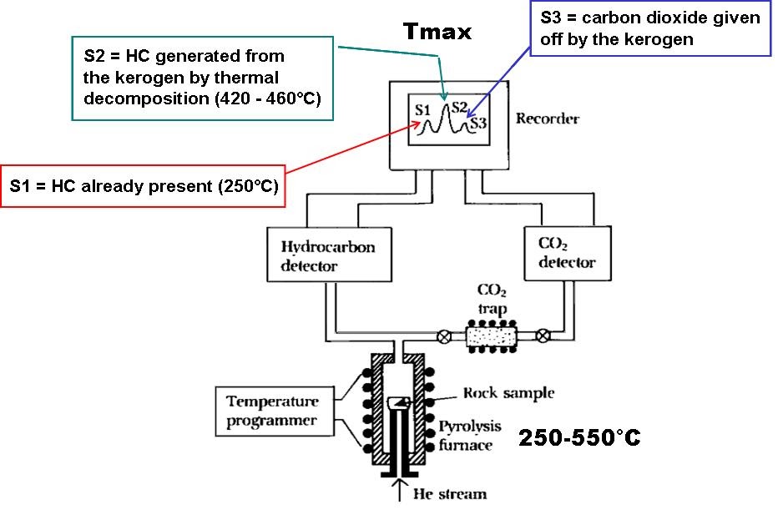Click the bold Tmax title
(437, 33)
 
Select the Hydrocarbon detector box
(328, 255)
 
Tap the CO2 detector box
(566, 253)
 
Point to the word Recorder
(547, 119)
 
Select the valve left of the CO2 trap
(444, 337)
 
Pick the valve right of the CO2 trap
(543, 337)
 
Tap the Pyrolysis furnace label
(470, 436)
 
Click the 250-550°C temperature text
(579, 437)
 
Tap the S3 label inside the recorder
(477, 124)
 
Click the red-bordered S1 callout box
(143, 185)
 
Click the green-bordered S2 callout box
(203, 78)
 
